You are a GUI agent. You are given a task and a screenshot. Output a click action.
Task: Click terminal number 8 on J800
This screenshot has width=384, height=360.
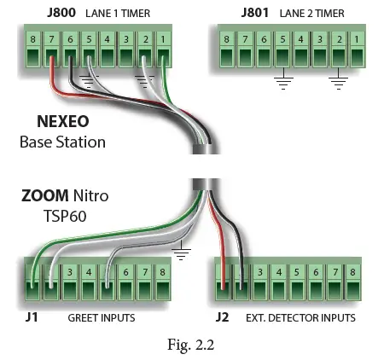[x=32, y=38]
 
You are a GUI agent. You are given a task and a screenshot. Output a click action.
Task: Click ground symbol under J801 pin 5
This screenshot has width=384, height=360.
[x=281, y=84]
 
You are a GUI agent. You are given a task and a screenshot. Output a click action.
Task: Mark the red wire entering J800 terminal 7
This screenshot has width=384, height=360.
[x=52, y=73]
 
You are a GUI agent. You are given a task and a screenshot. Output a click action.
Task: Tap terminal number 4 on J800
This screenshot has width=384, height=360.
[x=108, y=38]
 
